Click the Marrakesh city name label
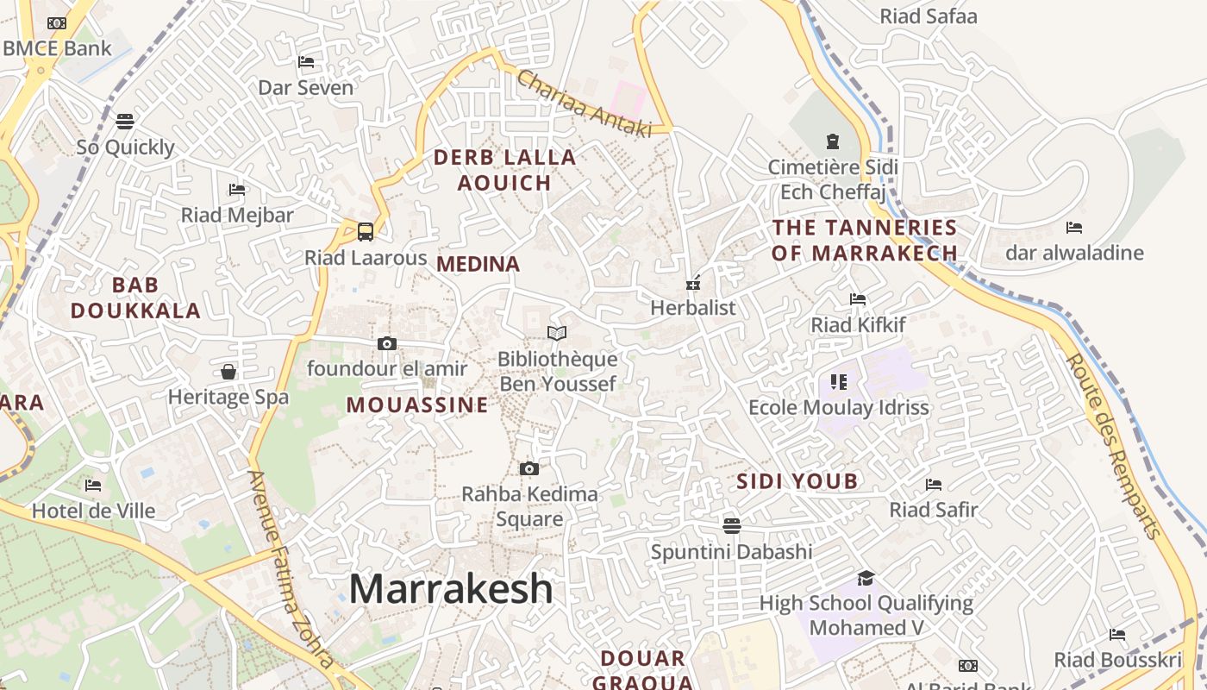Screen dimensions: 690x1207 tap(450, 589)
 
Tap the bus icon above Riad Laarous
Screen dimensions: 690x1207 tap(366, 231)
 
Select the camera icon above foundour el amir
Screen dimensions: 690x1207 tap(387, 343)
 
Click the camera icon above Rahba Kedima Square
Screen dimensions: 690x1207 tap(529, 468)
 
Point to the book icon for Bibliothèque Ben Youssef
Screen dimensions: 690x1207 tap(557, 333)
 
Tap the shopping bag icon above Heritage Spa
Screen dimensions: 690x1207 tap(228, 372)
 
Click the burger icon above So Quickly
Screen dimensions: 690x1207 tap(125, 121)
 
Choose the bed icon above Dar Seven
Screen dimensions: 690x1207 tap(306, 62)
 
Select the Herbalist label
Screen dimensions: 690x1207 tap(693, 308)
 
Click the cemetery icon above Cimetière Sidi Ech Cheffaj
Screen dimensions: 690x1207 tap(833, 141)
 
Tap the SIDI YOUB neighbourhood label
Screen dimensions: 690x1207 tap(797, 481)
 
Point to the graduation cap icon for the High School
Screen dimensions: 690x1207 tap(866, 578)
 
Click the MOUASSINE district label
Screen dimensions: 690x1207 tap(417, 405)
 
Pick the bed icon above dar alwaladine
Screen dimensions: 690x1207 tap(1074, 228)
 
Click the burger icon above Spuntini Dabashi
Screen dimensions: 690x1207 tap(732, 525)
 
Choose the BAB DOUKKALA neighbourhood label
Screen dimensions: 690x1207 tap(135, 298)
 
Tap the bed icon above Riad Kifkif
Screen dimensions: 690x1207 tap(858, 299)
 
